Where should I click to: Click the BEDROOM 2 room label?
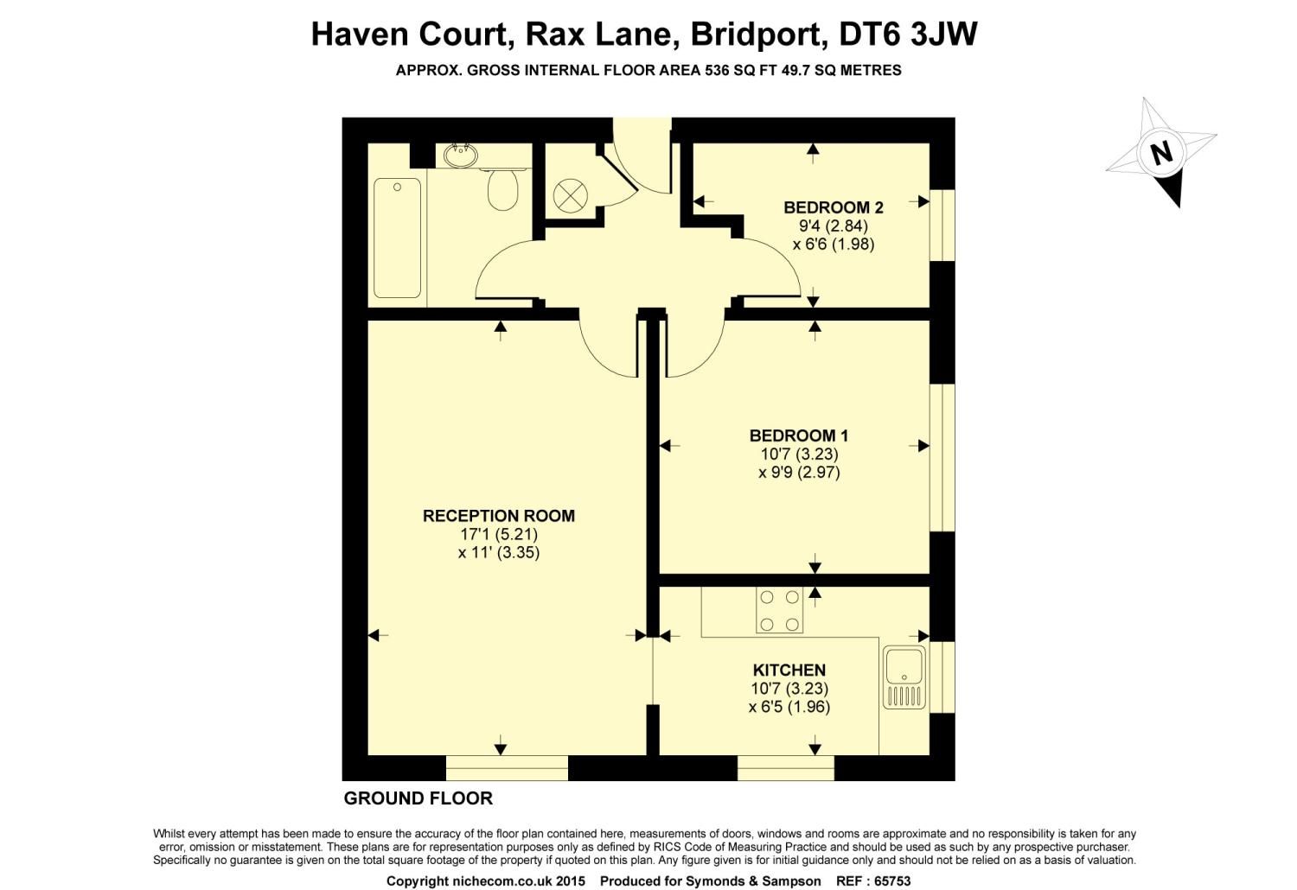[x=833, y=207]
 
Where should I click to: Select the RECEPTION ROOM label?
[x=498, y=516]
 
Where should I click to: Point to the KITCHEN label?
[x=789, y=670]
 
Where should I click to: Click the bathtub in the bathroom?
[x=397, y=238]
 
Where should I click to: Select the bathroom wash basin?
[x=460, y=156]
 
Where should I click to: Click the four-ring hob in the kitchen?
[x=778, y=610]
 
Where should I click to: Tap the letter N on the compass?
[x=1161, y=153]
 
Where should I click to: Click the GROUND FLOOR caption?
[x=418, y=798]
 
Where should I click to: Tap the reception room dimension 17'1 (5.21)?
[x=498, y=534]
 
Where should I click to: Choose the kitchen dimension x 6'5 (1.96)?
[x=789, y=707]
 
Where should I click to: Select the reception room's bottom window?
[x=507, y=767]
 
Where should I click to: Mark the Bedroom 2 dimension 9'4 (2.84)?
[x=833, y=226]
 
